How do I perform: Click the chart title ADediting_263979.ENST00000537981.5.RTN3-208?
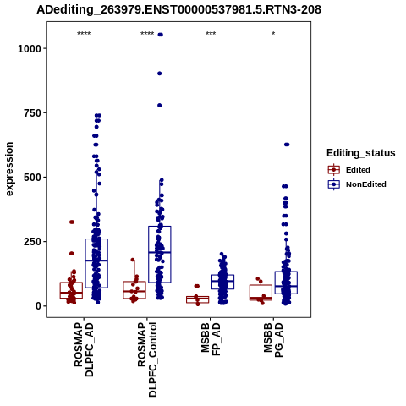click(178, 10)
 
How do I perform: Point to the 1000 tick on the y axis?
click(30, 48)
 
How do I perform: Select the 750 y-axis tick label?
click(32, 112)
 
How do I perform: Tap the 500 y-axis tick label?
click(32, 178)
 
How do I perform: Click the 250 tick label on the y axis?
click(32, 242)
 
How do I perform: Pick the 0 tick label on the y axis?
click(39, 306)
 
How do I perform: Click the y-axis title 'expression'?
click(9, 169)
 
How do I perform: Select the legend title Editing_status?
click(361, 153)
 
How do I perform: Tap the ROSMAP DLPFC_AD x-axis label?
click(84, 350)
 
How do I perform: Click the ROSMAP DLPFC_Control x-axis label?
click(147, 359)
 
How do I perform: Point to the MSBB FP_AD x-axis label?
click(211, 340)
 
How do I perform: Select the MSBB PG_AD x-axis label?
click(273, 340)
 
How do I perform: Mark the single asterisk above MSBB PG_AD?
click(273, 34)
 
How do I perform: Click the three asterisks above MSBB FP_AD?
click(211, 34)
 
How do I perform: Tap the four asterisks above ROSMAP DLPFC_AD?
click(84, 34)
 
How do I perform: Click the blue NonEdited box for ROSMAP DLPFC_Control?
click(160, 226)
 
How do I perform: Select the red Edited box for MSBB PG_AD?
click(261, 285)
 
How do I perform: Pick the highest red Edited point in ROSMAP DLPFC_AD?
click(72, 222)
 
